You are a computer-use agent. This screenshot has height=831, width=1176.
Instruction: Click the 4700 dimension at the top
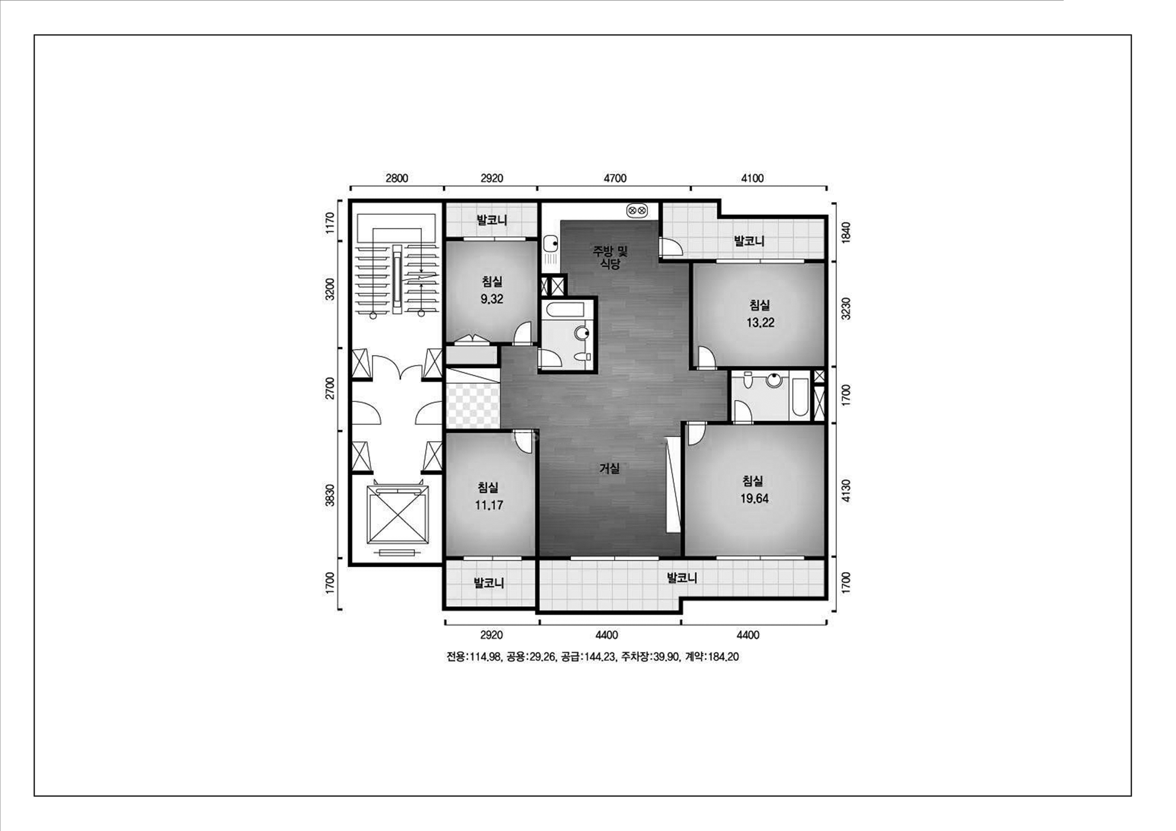coord(615,178)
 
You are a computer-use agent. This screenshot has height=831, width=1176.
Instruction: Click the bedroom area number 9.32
coord(492,299)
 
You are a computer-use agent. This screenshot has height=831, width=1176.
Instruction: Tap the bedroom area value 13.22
coord(760,323)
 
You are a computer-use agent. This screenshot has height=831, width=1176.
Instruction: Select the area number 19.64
coord(754,498)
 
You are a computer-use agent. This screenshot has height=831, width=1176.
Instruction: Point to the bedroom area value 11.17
coord(489,505)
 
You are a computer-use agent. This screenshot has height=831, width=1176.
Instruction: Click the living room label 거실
coord(609,468)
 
